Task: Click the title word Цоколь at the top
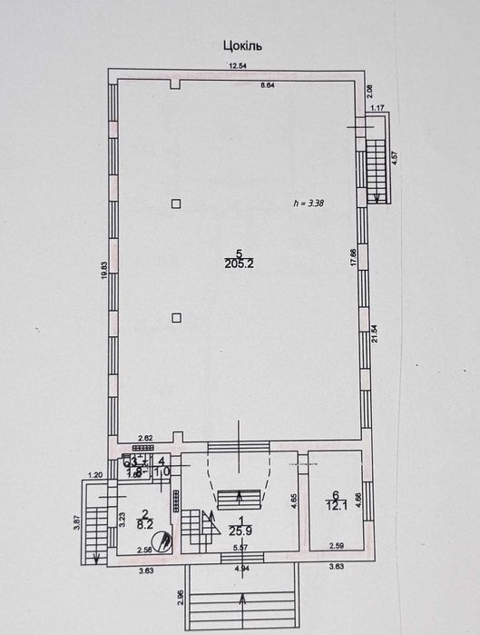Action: [242, 43]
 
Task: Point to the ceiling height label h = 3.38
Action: [309, 203]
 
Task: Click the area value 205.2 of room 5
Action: [239, 264]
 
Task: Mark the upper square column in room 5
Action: [178, 203]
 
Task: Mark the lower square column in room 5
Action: [178, 317]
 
